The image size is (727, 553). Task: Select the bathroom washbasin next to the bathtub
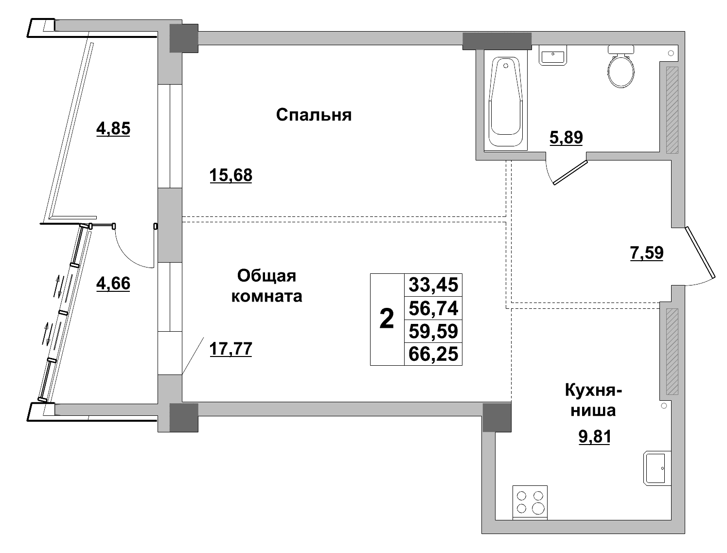[553, 55]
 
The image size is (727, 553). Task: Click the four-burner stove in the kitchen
[530, 502]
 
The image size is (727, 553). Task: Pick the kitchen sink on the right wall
[657, 468]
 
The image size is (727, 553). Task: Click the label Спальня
[314, 115]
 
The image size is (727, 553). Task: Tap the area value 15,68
[231, 175]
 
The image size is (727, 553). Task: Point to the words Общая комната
[266, 286]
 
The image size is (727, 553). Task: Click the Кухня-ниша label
[593, 400]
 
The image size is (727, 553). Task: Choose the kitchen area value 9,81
[594, 437]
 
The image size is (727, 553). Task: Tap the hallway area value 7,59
[646, 253]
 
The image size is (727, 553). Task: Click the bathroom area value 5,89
[566, 138]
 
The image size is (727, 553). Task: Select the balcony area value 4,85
[113, 129]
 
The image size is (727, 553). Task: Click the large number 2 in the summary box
[387, 320]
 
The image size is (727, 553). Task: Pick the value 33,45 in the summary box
[433, 285]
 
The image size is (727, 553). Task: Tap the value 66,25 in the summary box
[433, 354]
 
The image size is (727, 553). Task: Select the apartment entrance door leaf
[700, 252]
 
